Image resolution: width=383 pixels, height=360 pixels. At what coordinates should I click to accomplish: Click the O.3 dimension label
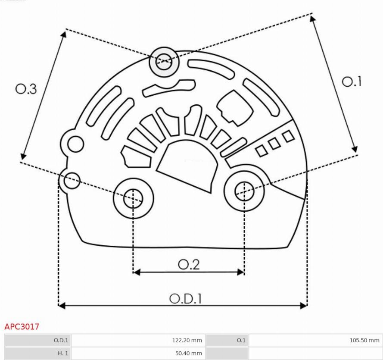point(26,89)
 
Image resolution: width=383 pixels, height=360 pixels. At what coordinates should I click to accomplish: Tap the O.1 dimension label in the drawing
point(352,81)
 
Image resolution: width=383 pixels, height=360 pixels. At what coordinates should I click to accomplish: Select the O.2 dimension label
point(189,264)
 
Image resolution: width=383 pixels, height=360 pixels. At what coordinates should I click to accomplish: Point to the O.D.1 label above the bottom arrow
point(185,298)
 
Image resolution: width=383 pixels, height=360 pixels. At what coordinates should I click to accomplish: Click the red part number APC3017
point(22,326)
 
